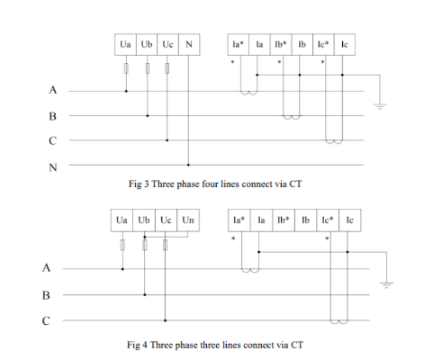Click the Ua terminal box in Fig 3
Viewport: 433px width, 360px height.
click(125, 44)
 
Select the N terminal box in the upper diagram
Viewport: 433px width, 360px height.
click(189, 44)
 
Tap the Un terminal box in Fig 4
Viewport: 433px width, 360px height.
click(188, 220)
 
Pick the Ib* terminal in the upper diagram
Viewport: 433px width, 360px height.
click(281, 44)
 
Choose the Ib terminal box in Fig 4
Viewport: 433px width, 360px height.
click(305, 220)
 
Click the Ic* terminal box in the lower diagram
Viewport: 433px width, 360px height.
click(328, 220)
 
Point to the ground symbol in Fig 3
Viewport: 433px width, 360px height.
click(380, 106)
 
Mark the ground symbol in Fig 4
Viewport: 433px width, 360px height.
click(386, 285)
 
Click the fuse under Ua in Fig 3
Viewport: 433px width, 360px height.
click(126, 68)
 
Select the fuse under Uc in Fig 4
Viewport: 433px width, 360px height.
click(165, 245)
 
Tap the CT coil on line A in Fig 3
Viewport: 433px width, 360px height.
click(248, 93)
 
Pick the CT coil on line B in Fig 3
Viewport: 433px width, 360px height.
click(292, 117)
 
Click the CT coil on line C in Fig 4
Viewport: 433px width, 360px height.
click(339, 322)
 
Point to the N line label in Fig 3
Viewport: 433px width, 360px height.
click(53, 167)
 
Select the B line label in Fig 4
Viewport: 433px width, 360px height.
click(46, 295)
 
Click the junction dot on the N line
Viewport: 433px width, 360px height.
click(188, 165)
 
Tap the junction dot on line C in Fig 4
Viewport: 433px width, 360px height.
click(165, 320)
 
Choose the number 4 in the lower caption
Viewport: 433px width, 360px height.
click(145, 345)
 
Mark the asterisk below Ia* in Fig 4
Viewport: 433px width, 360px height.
click(233, 238)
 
